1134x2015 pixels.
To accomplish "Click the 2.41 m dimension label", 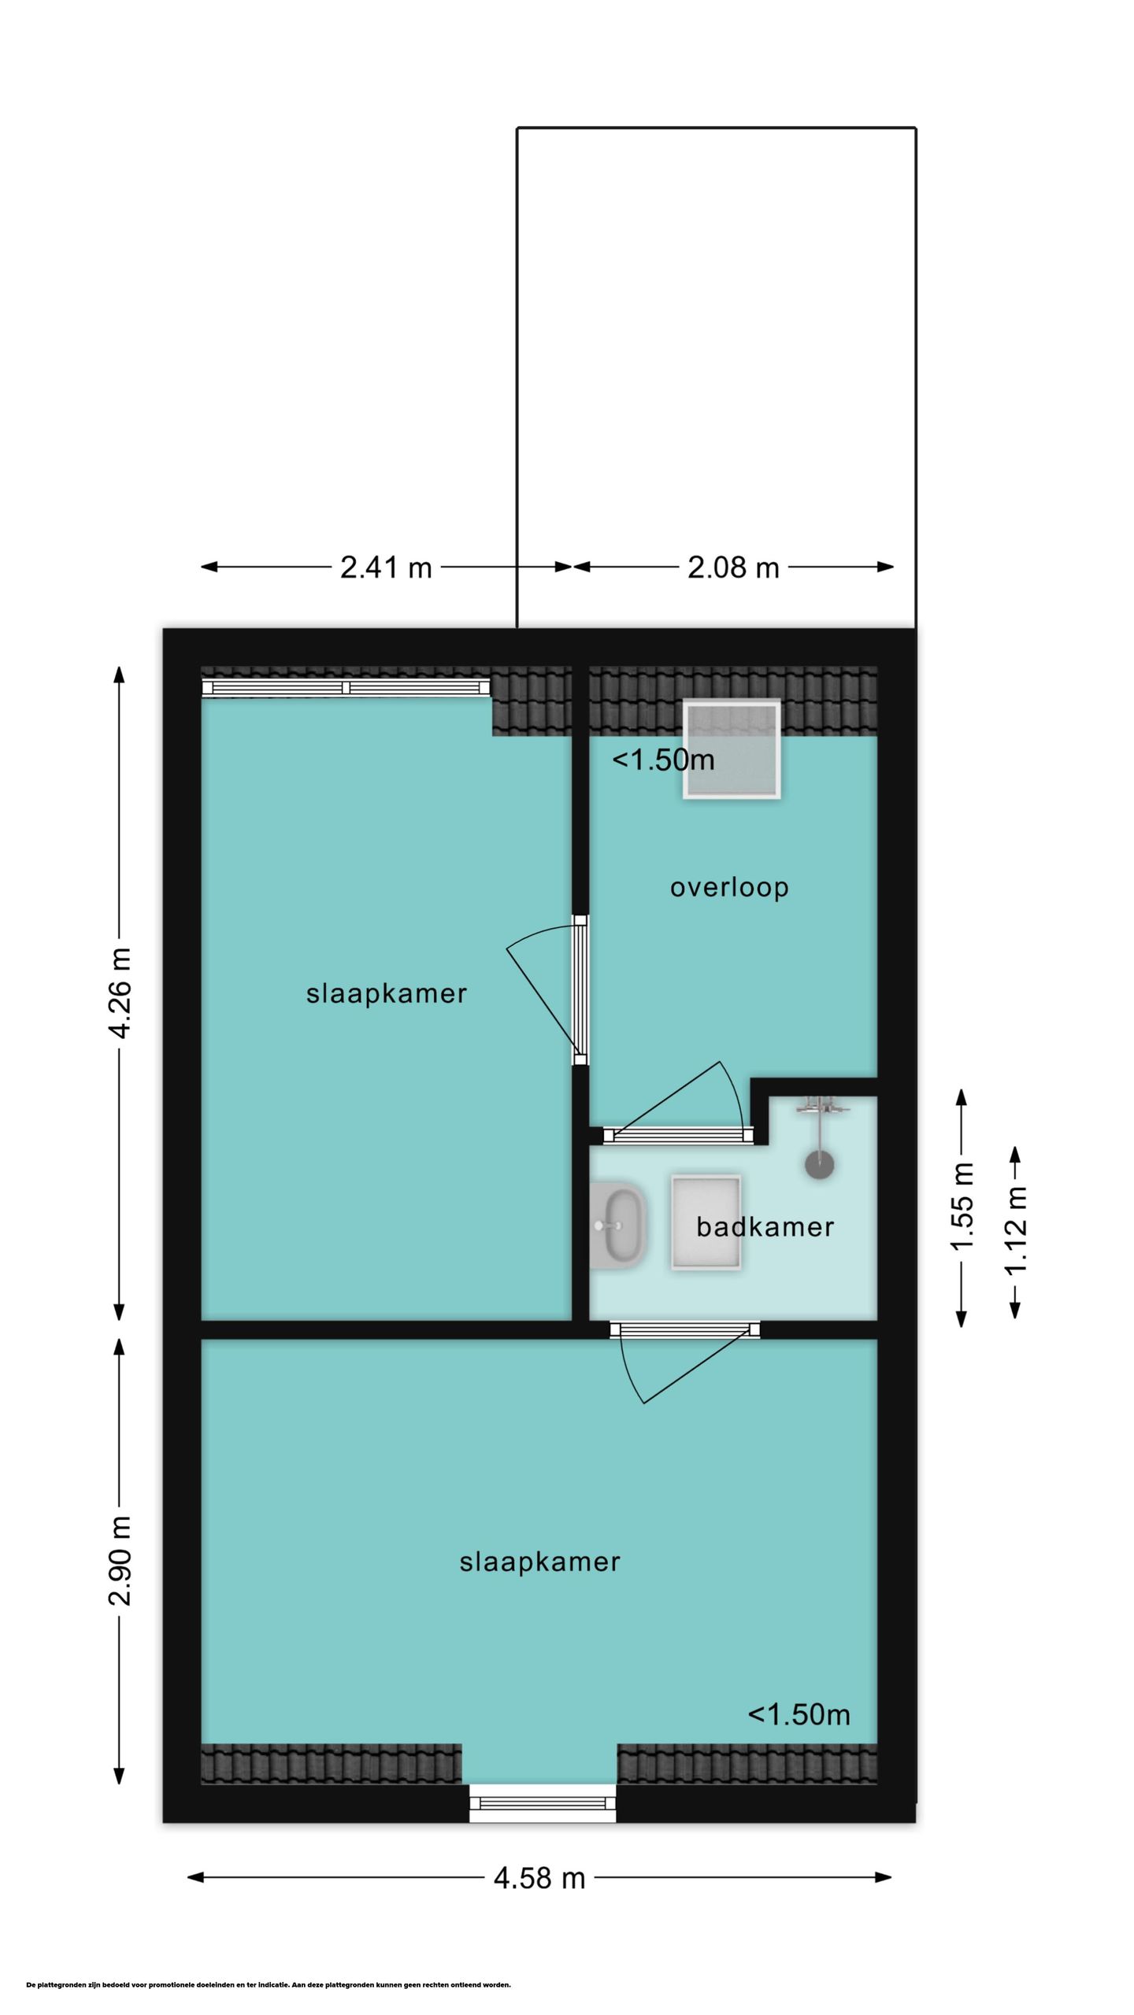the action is [386, 568].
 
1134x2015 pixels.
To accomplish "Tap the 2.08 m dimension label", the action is [733, 568].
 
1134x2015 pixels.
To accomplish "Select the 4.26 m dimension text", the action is [120, 993].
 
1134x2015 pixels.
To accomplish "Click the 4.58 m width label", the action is [539, 1879].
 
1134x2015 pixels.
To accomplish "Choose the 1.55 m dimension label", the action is [962, 1206].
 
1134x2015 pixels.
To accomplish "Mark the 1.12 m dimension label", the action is [1015, 1229].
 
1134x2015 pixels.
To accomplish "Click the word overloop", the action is [729, 888].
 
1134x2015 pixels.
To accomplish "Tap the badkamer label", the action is [765, 1227].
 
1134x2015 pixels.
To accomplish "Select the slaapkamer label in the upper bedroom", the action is [387, 993].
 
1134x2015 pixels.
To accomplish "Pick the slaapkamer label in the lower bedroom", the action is [540, 1562].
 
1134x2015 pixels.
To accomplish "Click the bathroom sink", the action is [618, 1224].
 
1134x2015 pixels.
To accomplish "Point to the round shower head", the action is [820, 1165].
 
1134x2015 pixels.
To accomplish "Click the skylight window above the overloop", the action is [732, 749].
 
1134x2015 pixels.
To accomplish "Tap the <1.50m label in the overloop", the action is [663, 760].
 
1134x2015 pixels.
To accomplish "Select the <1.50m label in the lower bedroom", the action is [799, 1714].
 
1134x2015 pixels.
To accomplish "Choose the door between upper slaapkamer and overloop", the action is [580, 989].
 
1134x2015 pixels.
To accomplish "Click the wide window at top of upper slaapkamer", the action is [346, 688].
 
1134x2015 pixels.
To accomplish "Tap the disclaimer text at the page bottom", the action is [269, 1985].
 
